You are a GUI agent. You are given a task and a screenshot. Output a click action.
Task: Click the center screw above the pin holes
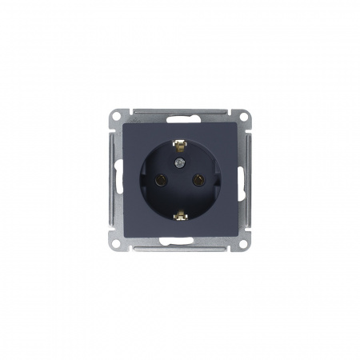(180, 163)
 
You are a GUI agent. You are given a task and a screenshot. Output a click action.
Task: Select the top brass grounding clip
(180, 147)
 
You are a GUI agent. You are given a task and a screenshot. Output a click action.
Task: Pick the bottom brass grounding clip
(180, 214)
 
